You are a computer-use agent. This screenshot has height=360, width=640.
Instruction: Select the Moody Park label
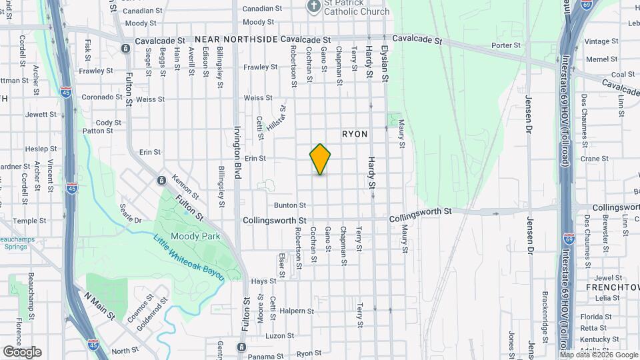[191, 236]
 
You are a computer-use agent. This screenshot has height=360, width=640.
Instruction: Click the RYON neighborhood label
[355, 134]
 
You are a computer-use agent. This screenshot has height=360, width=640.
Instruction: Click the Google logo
[22, 351]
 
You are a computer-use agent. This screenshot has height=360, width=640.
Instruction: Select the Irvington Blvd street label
[237, 151]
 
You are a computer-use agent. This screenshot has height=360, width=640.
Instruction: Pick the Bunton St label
[289, 205]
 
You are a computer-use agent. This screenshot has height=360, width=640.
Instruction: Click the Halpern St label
[297, 311]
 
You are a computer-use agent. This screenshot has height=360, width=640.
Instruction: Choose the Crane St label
[595, 159]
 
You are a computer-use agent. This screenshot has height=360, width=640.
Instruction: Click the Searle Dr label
[130, 213]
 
